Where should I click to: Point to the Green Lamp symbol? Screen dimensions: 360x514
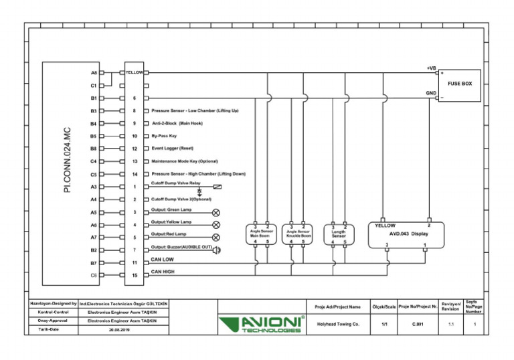pyautogui.click(x=216, y=212)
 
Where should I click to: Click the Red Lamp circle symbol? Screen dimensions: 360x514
pyautogui.click(x=216, y=237)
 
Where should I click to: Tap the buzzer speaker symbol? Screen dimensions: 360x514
pyautogui.click(x=217, y=250)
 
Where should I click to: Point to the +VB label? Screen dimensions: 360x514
pyautogui.click(x=432, y=68)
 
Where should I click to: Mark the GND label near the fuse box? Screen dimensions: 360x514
pyautogui.click(x=432, y=94)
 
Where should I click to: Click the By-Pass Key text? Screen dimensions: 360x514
pyautogui.click(x=164, y=136)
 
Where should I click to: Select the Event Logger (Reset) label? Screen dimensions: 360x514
pyautogui.click(x=173, y=149)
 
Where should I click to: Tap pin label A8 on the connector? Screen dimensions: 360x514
pyautogui.click(x=94, y=72)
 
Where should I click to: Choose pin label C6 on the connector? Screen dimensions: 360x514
pyautogui.click(x=94, y=275)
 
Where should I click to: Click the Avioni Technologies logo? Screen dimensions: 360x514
pyautogui.click(x=262, y=325)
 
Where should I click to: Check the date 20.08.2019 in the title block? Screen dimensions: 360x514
pyautogui.click(x=122, y=330)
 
